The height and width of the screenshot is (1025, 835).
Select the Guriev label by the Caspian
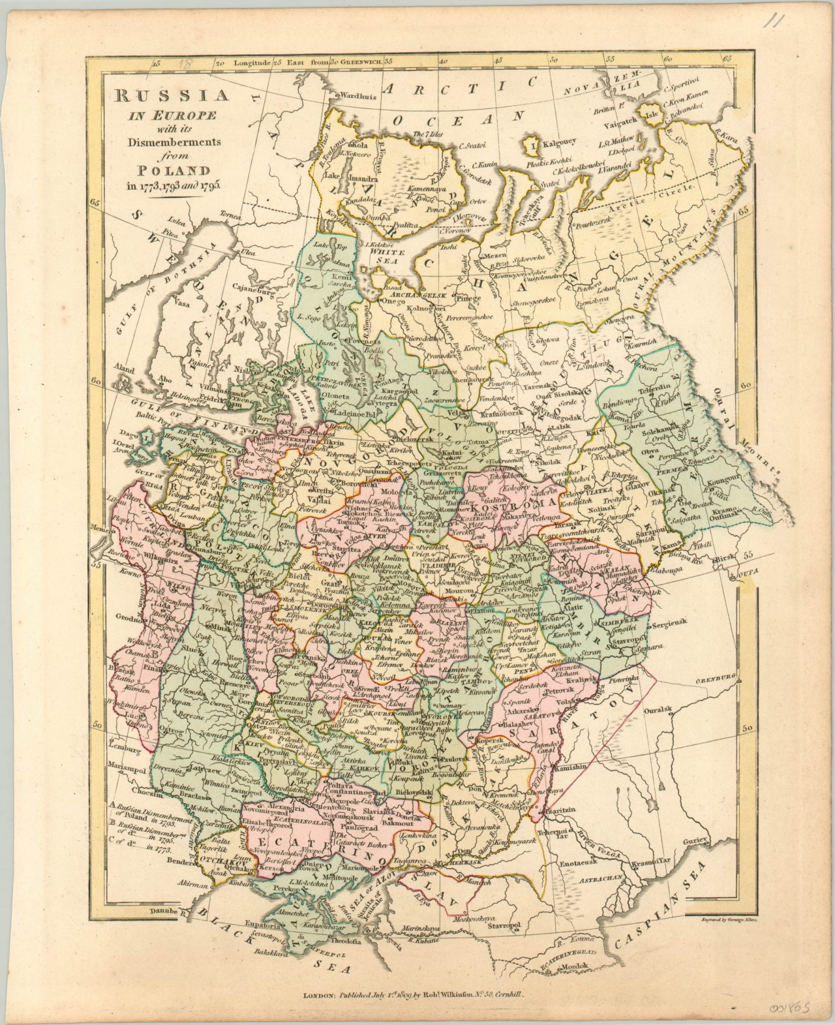coord(695,842)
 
